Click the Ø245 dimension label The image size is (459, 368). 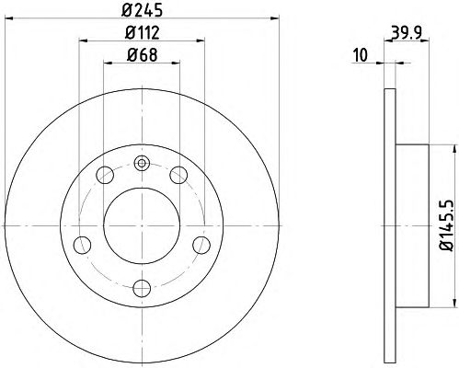tap(142, 10)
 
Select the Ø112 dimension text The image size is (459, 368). tap(142, 32)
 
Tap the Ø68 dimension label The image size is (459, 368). tap(142, 55)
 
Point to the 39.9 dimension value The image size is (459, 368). tap(407, 32)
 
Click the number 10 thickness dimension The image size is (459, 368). tap(361, 55)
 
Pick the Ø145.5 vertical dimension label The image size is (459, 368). tap(447, 225)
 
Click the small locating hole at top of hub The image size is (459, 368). tap(142, 163)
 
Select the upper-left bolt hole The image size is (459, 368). tap(105, 175)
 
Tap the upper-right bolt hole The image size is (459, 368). tap(178, 175)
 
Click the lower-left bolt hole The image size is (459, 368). tap(83, 245)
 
